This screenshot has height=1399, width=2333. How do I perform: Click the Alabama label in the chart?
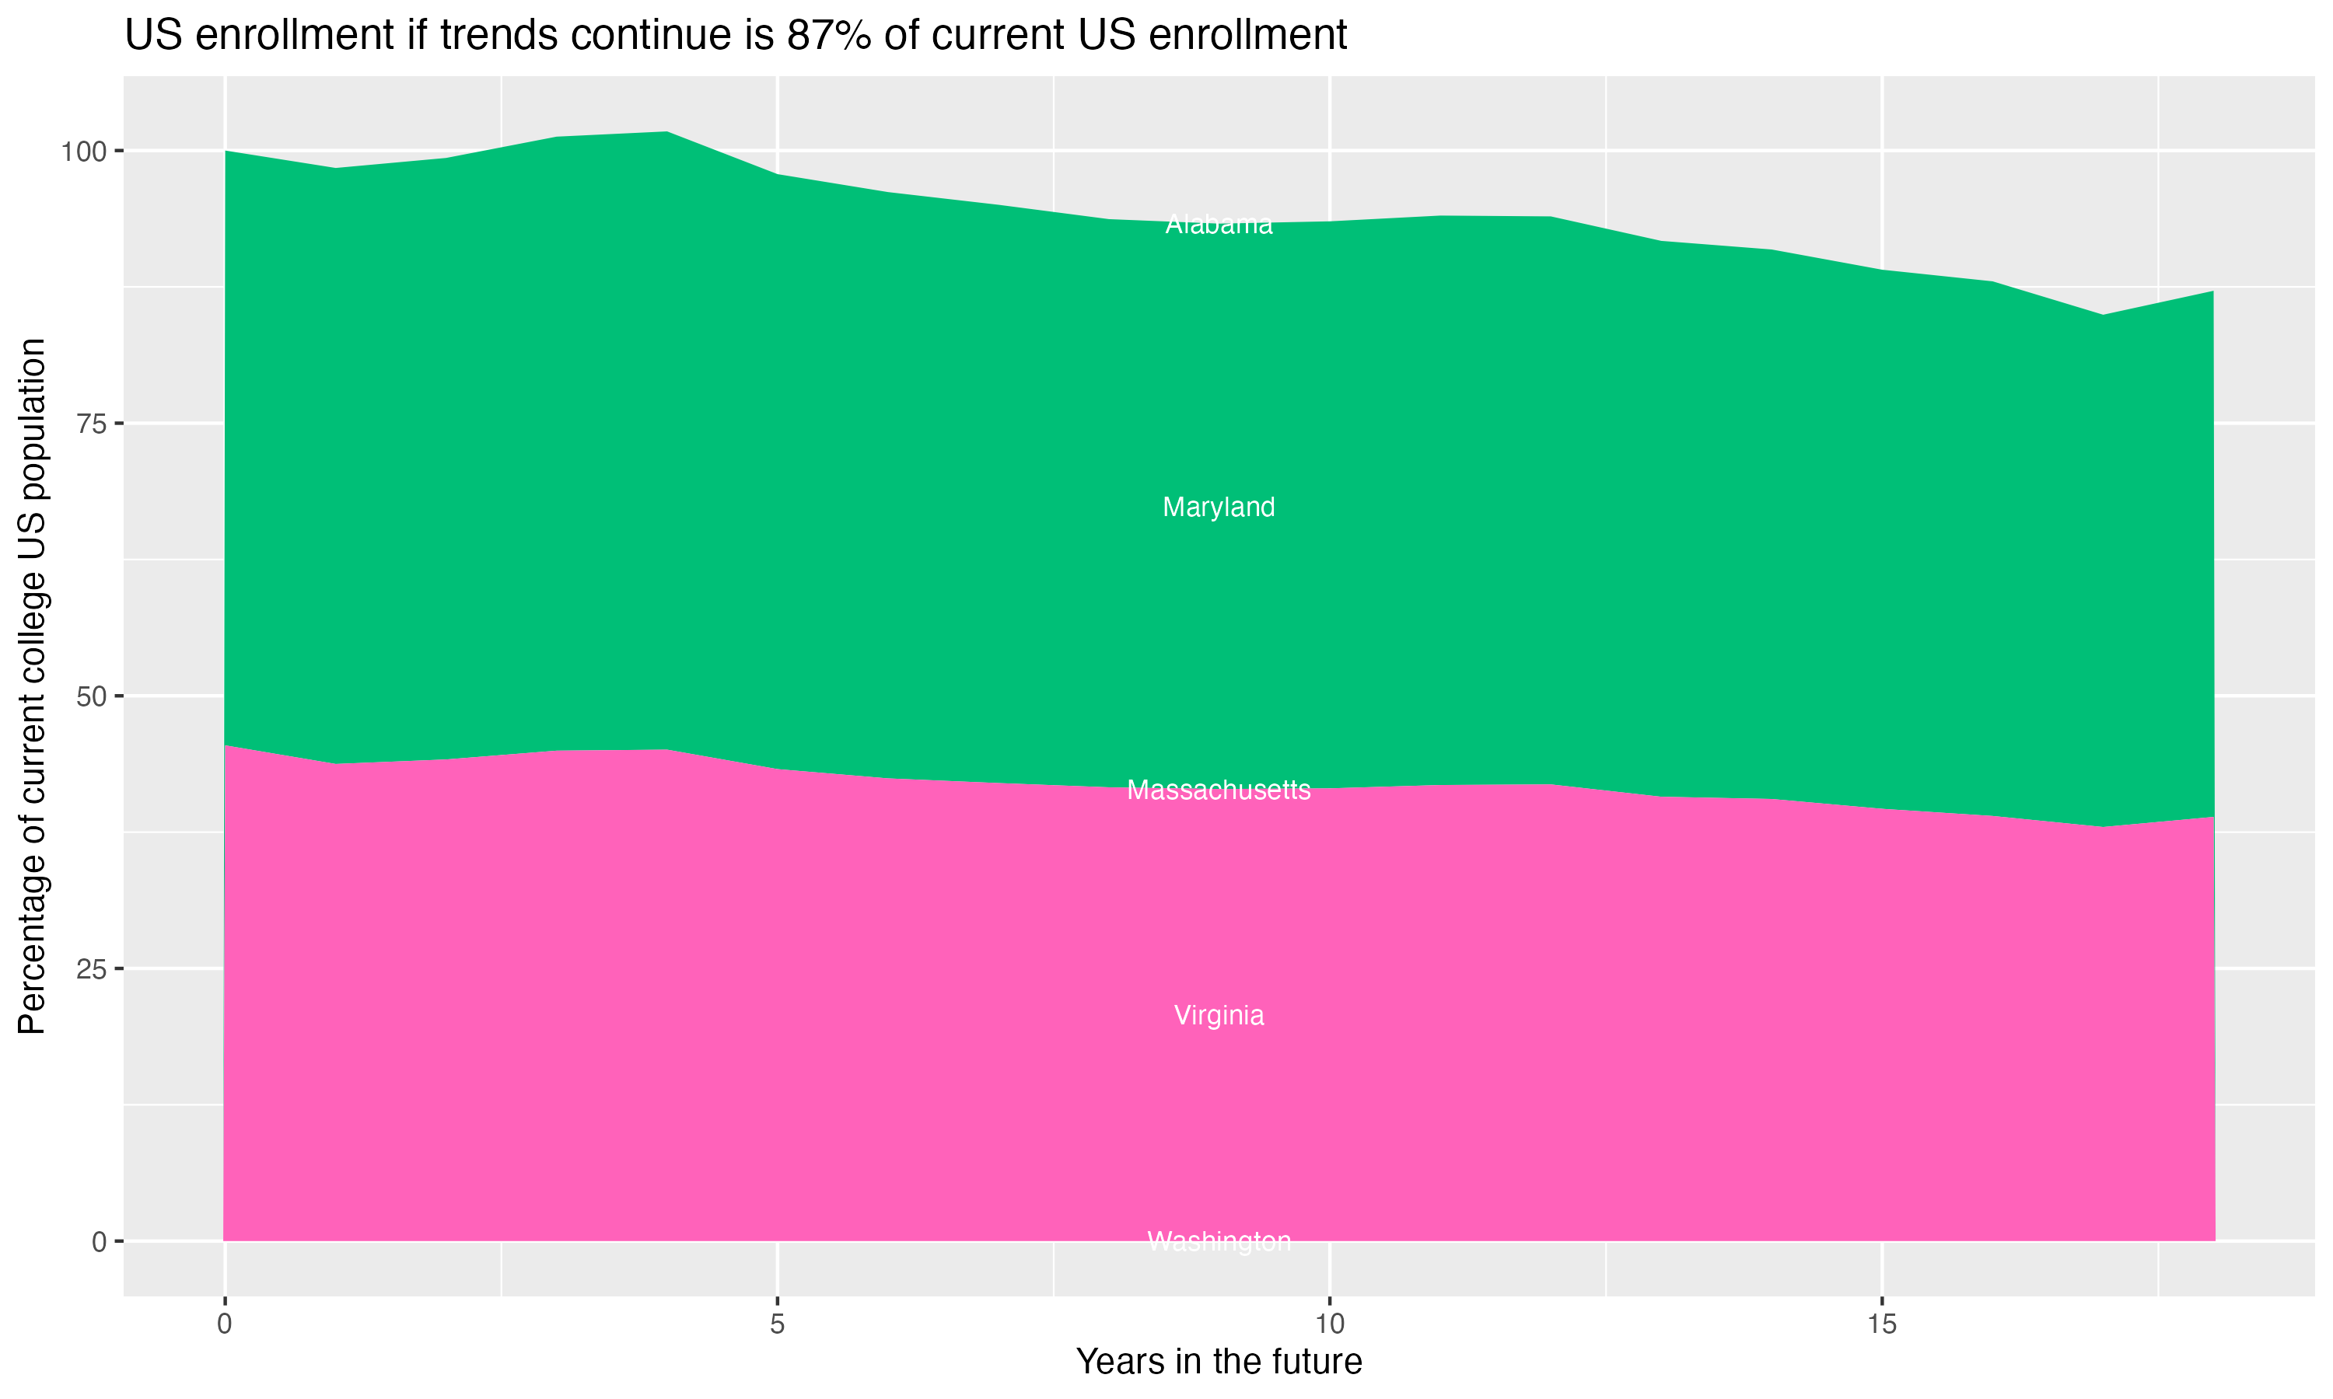pyautogui.click(x=1219, y=225)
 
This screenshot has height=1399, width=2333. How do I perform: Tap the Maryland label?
pyautogui.click(x=1219, y=508)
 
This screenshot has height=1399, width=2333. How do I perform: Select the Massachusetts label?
pyautogui.click(x=1219, y=790)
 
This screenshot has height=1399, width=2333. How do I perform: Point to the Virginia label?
pyautogui.click(x=1219, y=1015)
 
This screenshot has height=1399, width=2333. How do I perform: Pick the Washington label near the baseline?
pyautogui.click(x=1219, y=1241)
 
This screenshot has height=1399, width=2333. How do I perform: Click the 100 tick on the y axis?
pyautogui.click(x=86, y=151)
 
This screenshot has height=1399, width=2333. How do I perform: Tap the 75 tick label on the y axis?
pyautogui.click(x=93, y=424)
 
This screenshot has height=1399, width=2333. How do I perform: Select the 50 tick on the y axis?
pyautogui.click(x=93, y=696)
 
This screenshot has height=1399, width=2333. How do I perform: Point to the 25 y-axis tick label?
pyautogui.click(x=93, y=969)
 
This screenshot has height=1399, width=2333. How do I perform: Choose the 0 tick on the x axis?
pyautogui.click(x=225, y=1324)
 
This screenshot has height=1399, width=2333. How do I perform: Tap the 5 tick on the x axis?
pyautogui.click(x=777, y=1324)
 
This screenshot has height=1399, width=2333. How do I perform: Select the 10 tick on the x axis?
pyautogui.click(x=1329, y=1324)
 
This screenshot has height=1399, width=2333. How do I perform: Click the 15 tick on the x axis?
pyautogui.click(x=1881, y=1324)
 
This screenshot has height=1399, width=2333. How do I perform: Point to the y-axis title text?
pyautogui.click(x=32, y=686)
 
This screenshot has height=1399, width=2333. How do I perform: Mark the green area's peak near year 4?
pyautogui.click(x=666, y=133)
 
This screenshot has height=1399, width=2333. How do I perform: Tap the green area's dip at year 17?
pyautogui.click(x=2103, y=316)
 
